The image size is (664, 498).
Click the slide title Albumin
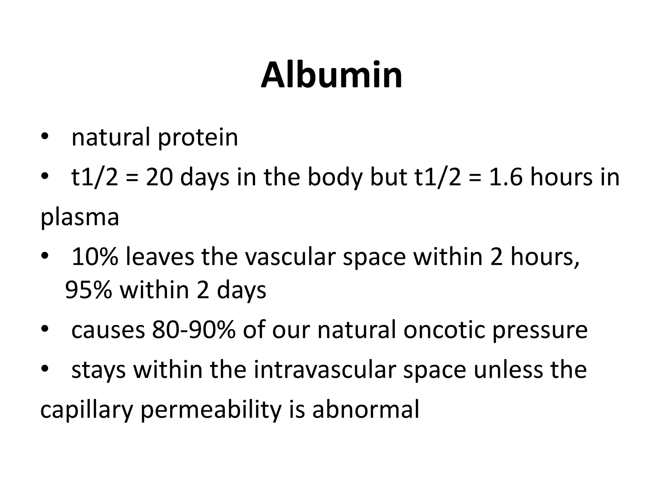point(332,76)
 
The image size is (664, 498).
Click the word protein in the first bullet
point(198,138)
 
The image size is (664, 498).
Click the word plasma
point(80,218)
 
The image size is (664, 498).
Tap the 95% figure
point(89,290)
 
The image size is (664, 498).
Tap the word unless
point(508,370)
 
